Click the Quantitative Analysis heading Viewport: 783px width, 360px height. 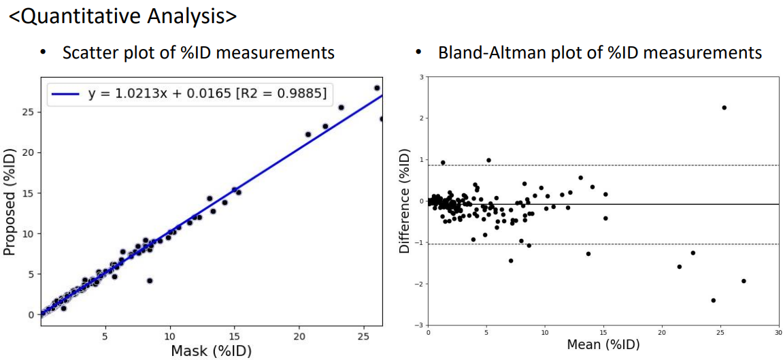click(122, 16)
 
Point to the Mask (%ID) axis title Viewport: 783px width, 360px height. click(212, 349)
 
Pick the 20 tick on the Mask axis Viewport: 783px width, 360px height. click(299, 336)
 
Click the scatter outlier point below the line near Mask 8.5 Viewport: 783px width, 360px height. click(150, 280)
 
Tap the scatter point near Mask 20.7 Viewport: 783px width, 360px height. click(308, 135)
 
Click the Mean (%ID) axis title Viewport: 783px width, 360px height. click(603, 344)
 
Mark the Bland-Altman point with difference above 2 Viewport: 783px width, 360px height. click(724, 108)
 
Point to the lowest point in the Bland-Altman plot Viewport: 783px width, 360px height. click(713, 300)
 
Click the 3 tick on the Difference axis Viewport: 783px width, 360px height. click(422, 77)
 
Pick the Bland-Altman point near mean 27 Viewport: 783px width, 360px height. click(744, 281)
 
